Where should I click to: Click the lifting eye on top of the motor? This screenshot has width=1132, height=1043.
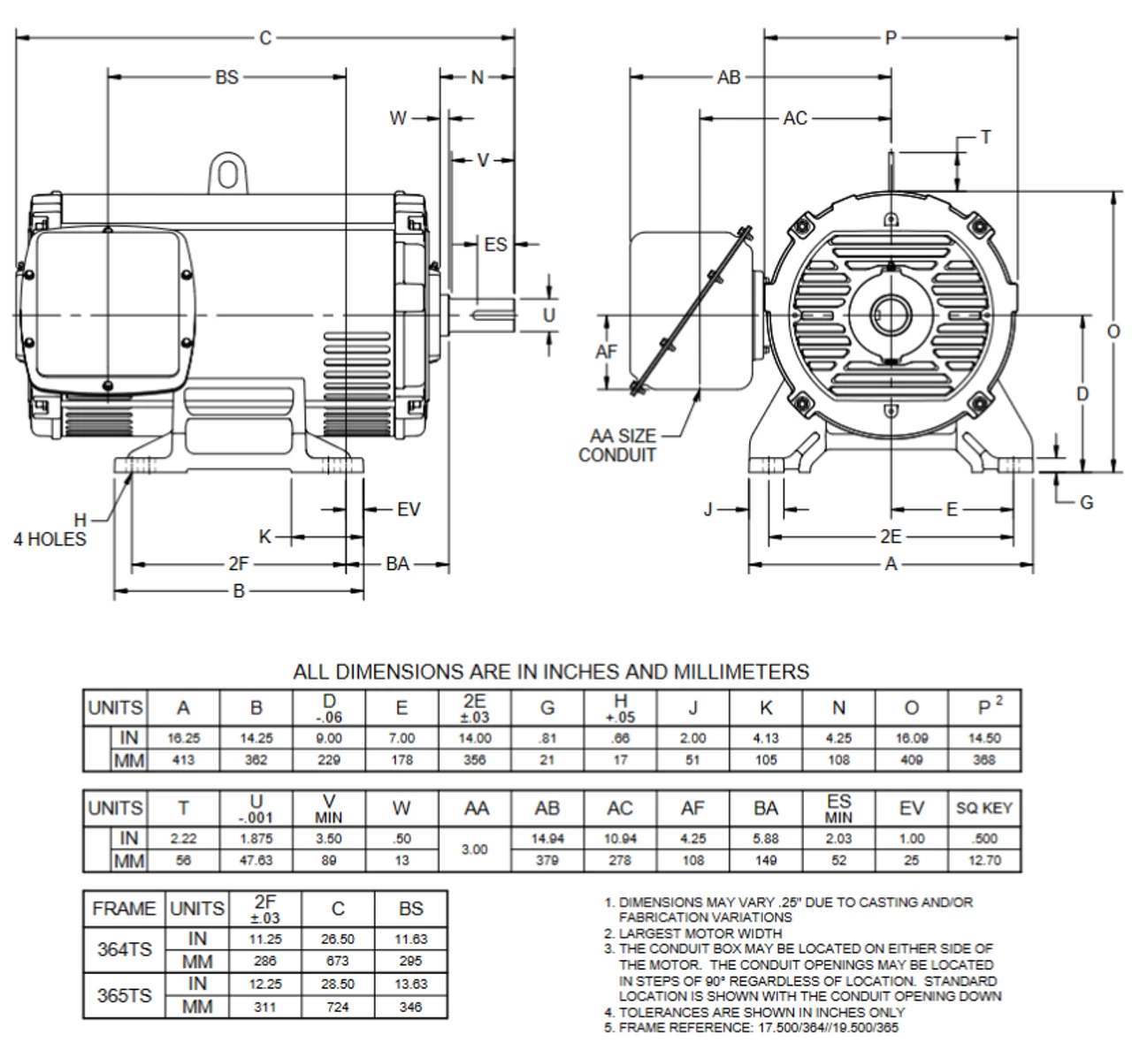click(x=226, y=175)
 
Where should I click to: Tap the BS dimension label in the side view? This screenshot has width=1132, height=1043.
click(x=226, y=78)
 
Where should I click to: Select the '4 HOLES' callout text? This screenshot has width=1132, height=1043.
click(x=50, y=539)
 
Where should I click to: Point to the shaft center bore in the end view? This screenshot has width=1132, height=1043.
click(x=891, y=314)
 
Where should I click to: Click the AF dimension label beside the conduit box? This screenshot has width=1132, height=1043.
click(x=606, y=352)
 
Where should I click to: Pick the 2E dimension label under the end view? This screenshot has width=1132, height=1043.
click(x=891, y=537)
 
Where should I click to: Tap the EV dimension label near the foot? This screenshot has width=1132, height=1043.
click(x=409, y=509)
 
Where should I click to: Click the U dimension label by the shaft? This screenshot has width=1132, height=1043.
click(x=549, y=315)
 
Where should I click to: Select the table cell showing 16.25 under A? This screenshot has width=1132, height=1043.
click(x=183, y=737)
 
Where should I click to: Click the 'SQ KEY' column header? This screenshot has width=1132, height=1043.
click(x=984, y=808)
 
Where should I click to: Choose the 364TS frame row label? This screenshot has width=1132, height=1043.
click(x=124, y=950)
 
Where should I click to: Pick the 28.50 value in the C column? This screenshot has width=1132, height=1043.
click(x=338, y=984)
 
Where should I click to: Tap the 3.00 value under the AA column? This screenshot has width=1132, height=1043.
click(x=477, y=849)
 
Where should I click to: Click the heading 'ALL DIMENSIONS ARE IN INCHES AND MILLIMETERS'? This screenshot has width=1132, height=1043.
click(x=550, y=672)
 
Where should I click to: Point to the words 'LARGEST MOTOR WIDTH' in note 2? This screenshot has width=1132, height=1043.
click(x=700, y=933)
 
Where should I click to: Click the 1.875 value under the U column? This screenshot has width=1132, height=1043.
click(x=256, y=838)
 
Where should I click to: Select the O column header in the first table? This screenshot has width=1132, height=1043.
click(x=911, y=707)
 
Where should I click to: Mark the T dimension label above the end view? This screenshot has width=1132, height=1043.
click(x=985, y=137)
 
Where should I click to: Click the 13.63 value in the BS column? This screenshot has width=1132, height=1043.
click(x=410, y=984)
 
